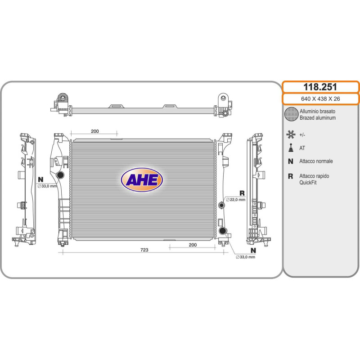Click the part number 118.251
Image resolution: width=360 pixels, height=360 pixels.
(320, 87)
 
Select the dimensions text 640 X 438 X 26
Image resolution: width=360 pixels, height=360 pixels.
(320, 99)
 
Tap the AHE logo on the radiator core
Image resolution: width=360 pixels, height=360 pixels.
(142, 180)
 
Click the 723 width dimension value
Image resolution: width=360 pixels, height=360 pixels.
(144, 250)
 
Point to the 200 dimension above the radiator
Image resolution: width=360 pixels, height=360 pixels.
(95, 131)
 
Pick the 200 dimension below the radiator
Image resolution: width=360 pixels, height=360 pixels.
(193, 245)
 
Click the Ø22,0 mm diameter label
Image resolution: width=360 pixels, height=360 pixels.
(236, 200)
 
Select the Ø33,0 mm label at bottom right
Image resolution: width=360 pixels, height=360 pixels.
(245, 257)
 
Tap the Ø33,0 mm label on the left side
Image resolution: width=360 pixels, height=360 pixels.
(47, 186)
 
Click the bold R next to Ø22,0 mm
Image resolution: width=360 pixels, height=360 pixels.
(242, 193)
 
